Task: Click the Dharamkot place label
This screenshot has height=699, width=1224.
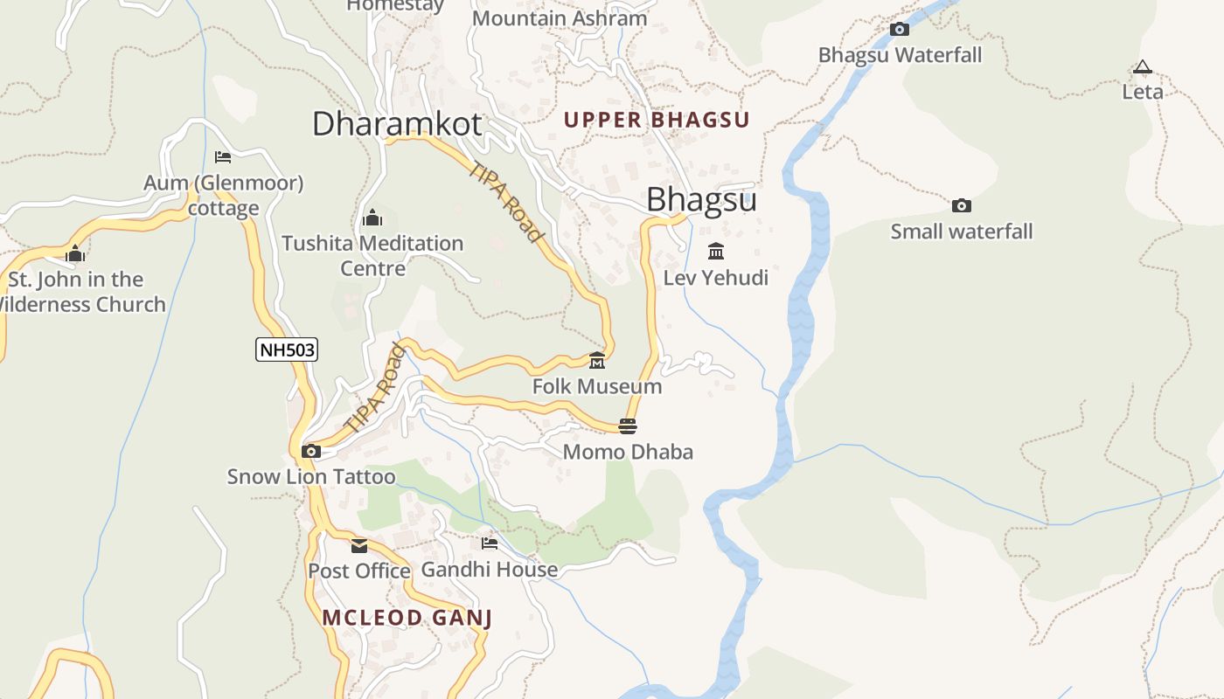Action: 397,123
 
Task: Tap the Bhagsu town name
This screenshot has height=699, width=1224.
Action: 701,200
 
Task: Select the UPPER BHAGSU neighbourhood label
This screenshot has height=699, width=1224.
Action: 657,120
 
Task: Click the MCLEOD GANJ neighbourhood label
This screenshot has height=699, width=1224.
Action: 407,618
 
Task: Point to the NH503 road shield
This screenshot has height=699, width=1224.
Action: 287,350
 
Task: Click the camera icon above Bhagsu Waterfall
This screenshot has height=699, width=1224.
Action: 899,30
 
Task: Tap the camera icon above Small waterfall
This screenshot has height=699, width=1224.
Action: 961,206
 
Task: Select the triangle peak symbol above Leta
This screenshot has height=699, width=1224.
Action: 1142,67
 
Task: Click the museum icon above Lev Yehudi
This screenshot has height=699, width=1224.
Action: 716,252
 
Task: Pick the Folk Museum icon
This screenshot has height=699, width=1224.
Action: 597,360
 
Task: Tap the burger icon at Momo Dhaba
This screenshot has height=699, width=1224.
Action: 628,426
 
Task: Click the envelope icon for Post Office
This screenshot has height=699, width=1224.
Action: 359,546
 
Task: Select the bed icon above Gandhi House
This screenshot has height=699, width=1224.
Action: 490,543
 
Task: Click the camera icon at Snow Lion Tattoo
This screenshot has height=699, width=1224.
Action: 310,452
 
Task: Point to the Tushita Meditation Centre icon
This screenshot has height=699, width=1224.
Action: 372,218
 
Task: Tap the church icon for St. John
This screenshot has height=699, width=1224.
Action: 75,254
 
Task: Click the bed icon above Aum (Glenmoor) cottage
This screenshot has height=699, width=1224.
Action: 223,157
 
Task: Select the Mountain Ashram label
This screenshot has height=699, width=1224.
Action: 560,17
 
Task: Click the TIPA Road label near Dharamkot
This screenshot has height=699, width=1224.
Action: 506,202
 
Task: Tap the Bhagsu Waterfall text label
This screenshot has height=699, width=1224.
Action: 900,55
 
